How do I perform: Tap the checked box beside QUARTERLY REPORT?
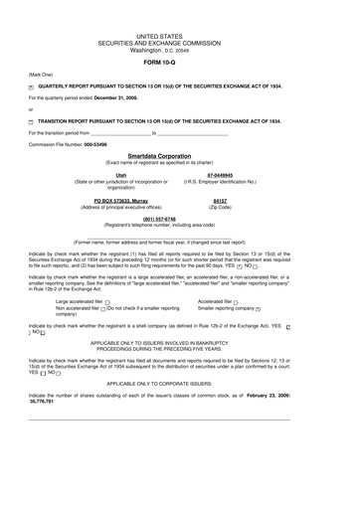tap(32, 87)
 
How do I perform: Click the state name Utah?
tap(121, 174)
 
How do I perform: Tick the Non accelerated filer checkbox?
tap(102, 309)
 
